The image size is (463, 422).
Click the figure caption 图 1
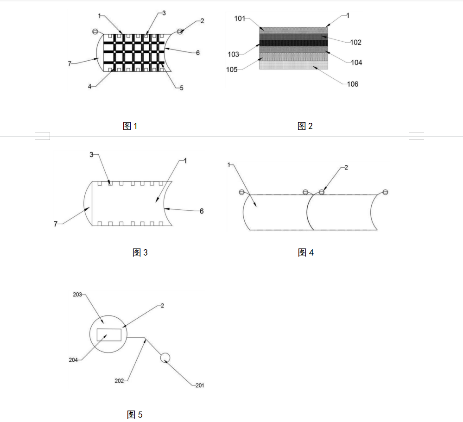130,126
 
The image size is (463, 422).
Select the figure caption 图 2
305,126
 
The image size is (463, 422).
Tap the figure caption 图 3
140,252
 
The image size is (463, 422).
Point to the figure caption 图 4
305,252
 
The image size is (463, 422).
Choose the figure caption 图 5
135,414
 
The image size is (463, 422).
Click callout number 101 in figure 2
240,19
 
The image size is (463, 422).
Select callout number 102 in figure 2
356,43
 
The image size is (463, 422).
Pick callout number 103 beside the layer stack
233,55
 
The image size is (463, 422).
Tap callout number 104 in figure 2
356,63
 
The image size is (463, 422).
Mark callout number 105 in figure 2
232,69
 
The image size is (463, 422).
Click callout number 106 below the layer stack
353,84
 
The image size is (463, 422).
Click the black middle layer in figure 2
293,43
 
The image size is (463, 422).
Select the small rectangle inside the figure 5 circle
109,334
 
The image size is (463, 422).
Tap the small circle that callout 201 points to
165,358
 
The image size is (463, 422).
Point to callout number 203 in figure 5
77,295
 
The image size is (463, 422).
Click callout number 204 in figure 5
73,360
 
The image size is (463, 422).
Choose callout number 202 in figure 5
119,381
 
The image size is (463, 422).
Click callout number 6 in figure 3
202,211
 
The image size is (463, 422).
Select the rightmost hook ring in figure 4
385,192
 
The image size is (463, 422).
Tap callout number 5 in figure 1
182,88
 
